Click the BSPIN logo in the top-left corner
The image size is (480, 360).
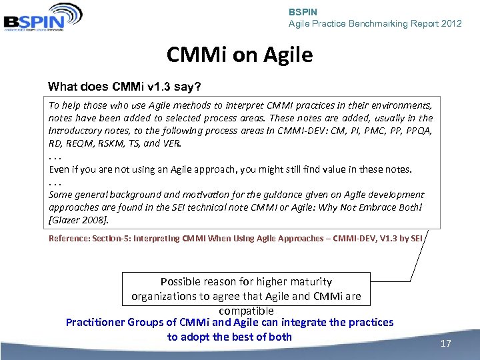coord(43,16)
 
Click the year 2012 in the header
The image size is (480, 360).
coord(451,23)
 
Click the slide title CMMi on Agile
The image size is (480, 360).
coord(239,55)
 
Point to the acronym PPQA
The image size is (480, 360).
coord(419,131)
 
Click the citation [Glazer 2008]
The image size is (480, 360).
coord(79,219)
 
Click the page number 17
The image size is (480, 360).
coord(446,344)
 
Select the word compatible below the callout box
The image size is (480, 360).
coord(246,311)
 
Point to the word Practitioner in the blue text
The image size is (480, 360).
coord(99,323)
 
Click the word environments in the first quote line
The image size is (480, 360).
coord(401,105)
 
